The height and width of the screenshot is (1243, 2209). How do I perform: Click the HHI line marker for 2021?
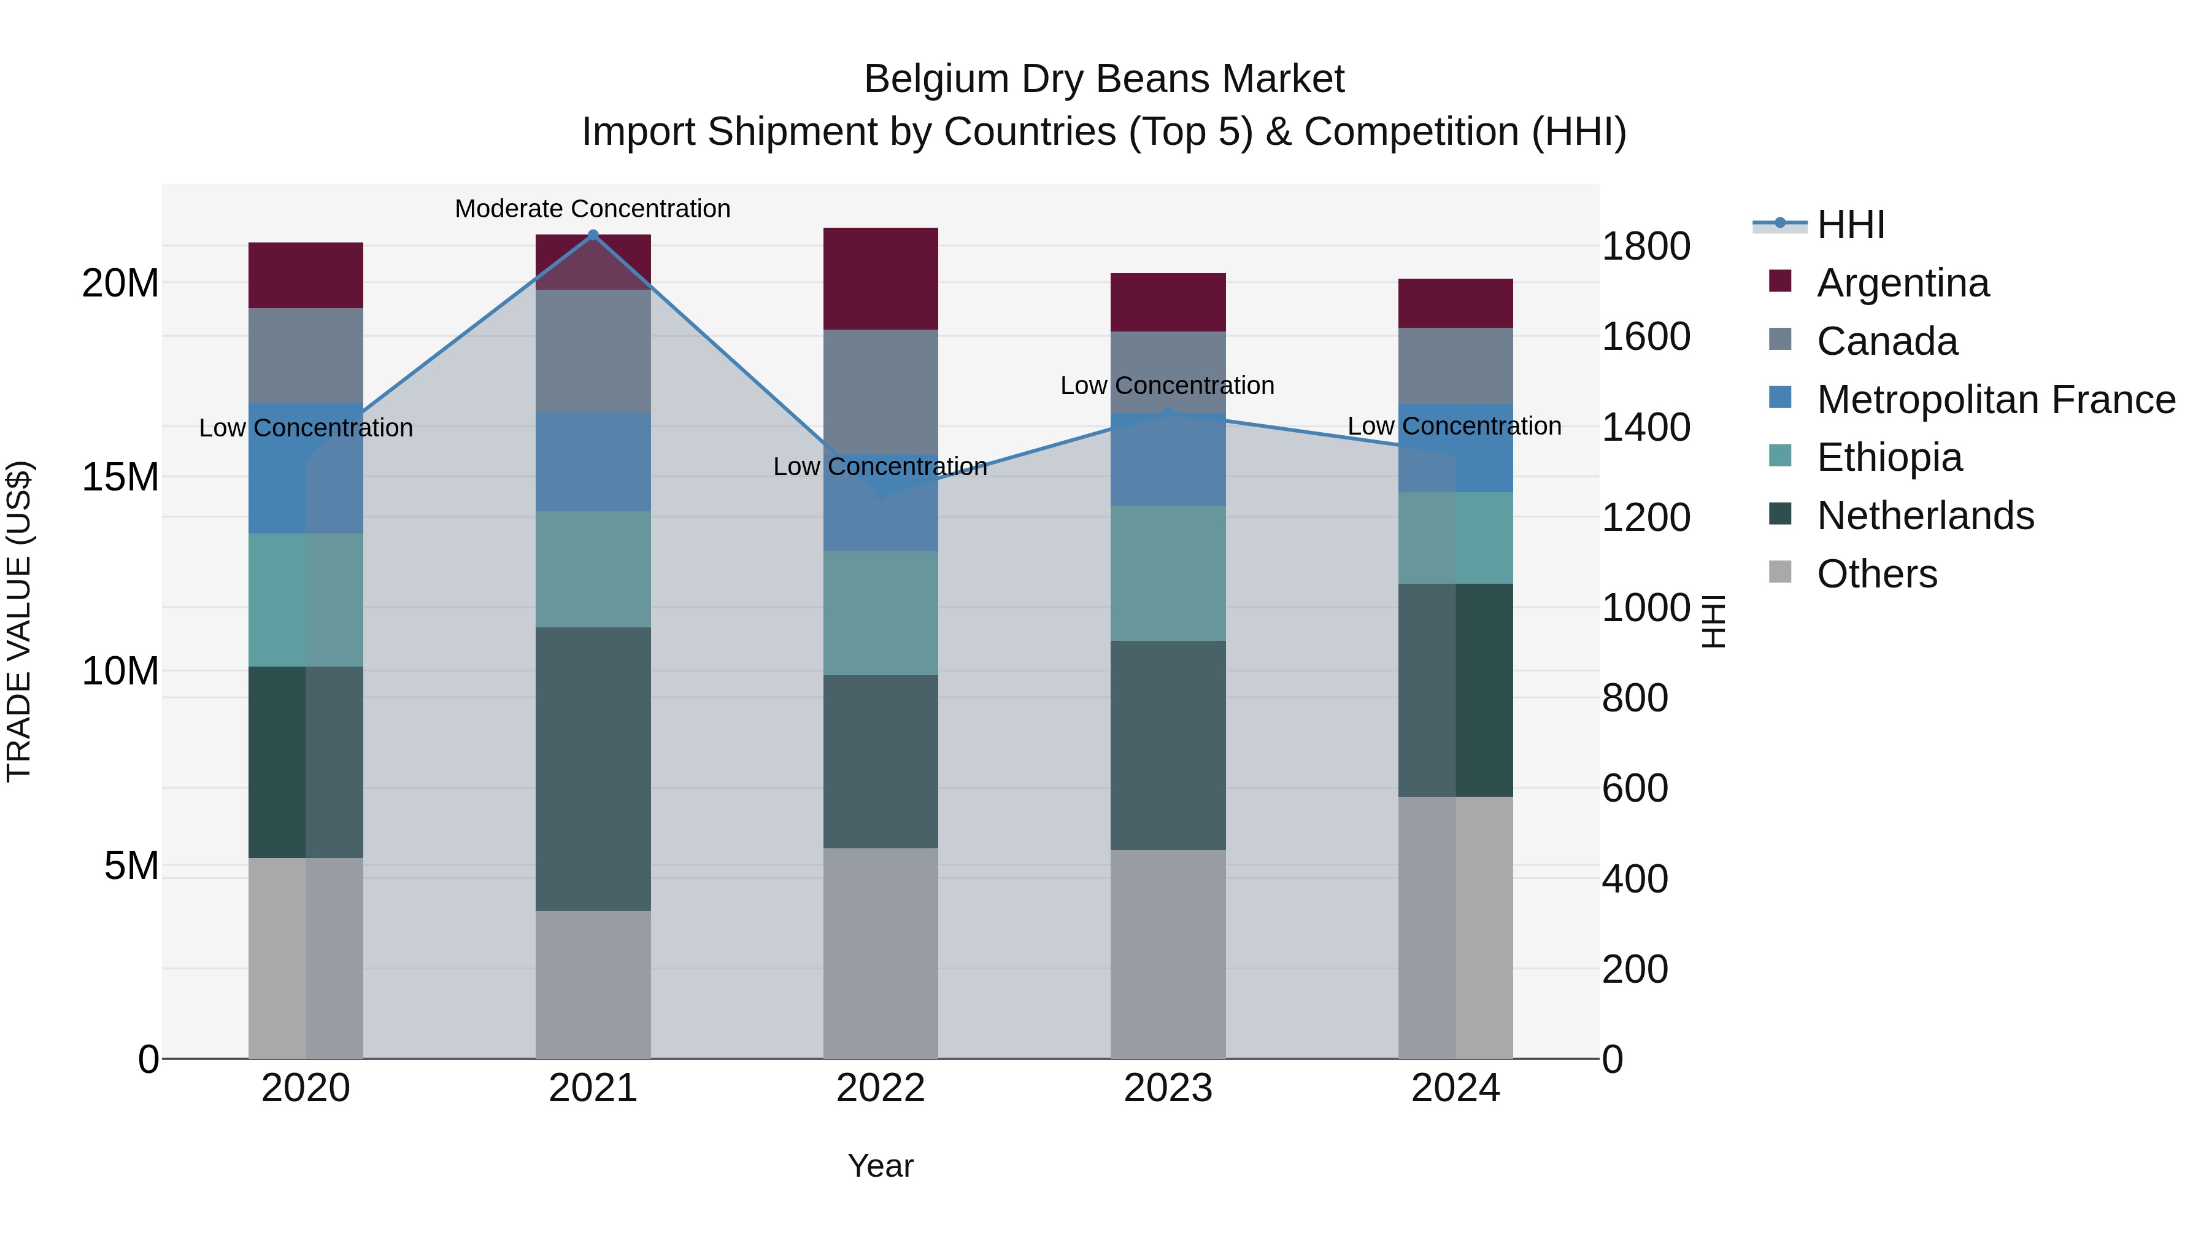point(593,234)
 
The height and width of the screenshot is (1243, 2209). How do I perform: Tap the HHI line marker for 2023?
point(1168,414)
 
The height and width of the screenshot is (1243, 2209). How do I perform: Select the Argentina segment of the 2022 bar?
point(881,279)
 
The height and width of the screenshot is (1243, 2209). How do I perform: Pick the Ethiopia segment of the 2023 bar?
point(1168,573)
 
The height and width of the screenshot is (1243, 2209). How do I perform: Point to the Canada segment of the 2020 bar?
point(306,355)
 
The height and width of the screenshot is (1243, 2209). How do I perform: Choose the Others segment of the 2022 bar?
point(881,953)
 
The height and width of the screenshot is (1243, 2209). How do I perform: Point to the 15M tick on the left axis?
point(120,477)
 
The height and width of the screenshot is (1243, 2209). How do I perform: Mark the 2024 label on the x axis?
point(1455,1088)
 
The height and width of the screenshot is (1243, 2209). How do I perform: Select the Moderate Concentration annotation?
point(593,209)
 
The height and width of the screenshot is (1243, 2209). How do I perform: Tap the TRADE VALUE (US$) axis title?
point(19,621)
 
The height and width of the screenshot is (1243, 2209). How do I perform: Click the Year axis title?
point(881,1166)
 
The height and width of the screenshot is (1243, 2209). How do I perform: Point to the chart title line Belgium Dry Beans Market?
point(1104,79)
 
